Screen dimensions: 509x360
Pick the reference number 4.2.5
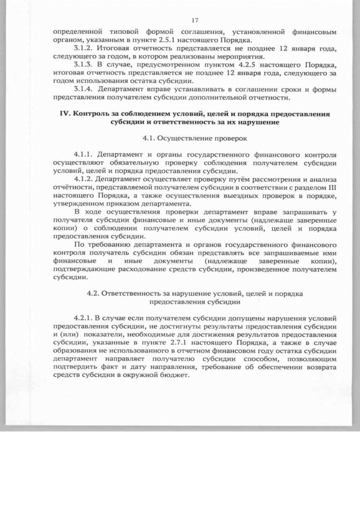point(226,65)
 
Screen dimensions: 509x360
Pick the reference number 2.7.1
point(181,350)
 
